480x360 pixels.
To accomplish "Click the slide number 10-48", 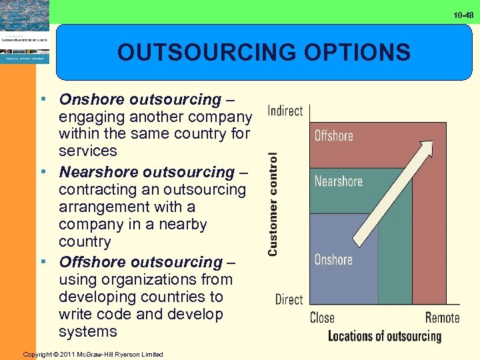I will click(464, 14).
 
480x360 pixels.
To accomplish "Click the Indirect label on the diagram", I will click(285, 111).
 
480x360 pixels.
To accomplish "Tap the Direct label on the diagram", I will click(289, 299).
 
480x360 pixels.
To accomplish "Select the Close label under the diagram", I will click(322, 317).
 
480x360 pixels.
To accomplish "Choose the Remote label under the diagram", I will click(443, 317).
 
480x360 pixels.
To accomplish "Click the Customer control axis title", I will click(273, 203).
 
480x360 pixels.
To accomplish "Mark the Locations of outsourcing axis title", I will click(385, 336).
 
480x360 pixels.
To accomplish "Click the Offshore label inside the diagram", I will click(333, 136).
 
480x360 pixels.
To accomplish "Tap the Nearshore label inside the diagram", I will click(338, 181).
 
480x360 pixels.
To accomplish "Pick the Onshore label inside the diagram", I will click(333, 259).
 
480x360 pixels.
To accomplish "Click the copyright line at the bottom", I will click(93, 354).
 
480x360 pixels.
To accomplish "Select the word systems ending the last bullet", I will click(87, 331).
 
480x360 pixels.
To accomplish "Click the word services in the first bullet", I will click(87, 151).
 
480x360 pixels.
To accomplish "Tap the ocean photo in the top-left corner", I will click(25, 15).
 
